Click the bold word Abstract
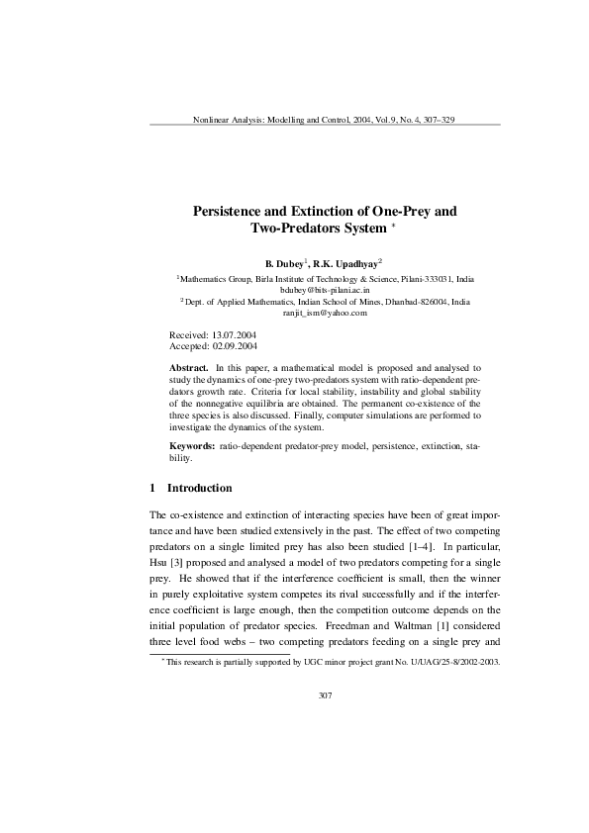(189, 367)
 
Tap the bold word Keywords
(192, 448)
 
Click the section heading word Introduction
(200, 488)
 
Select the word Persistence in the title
(238, 212)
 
